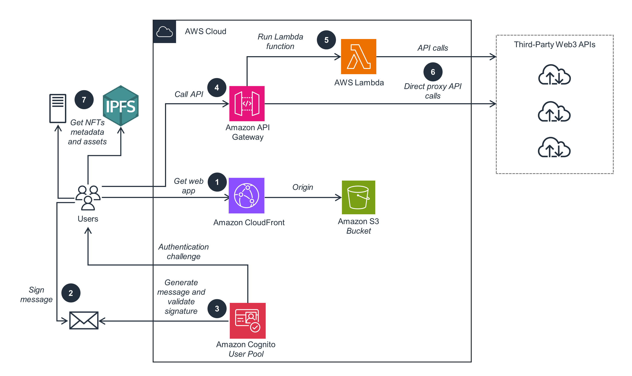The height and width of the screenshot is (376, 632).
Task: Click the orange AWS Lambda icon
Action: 358,57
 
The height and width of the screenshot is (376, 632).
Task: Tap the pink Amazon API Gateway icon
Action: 247,104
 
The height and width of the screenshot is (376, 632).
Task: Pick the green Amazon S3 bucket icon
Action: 358,197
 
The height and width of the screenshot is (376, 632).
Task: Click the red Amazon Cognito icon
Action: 247,320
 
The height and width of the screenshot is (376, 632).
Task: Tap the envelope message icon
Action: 84,320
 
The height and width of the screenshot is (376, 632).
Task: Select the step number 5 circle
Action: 326,40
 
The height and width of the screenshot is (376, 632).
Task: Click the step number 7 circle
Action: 84,100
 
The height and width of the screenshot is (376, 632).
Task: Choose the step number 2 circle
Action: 71,293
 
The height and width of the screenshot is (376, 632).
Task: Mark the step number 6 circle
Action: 433,72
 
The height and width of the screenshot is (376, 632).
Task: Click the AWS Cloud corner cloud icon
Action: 164,32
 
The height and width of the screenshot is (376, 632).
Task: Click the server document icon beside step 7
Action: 58,109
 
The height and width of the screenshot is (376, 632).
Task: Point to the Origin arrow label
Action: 303,187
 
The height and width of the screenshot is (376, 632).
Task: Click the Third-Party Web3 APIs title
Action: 554,45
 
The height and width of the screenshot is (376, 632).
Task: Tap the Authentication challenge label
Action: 183,252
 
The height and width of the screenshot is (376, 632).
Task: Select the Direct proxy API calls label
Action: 433,91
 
